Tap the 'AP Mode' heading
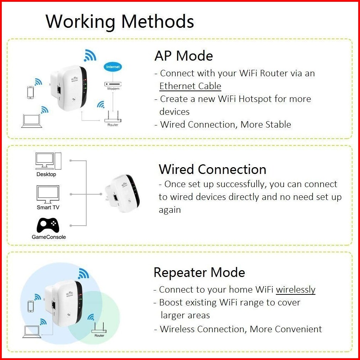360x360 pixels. click(x=184, y=56)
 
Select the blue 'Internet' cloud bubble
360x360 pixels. click(x=113, y=67)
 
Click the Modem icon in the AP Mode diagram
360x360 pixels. click(x=113, y=84)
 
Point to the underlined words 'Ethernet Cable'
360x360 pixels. click(x=190, y=86)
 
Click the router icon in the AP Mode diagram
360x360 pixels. click(x=113, y=116)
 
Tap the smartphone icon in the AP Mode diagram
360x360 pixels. click(x=31, y=92)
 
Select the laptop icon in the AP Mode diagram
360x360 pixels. click(x=32, y=121)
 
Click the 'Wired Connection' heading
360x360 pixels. click(x=212, y=169)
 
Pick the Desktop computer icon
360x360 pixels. click(x=48, y=161)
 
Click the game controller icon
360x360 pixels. click(x=48, y=225)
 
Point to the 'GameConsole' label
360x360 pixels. click(x=49, y=237)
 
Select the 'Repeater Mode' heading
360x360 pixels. click(x=199, y=273)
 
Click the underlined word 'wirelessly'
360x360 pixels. click(x=295, y=290)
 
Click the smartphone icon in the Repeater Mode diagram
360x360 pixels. click(x=31, y=305)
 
